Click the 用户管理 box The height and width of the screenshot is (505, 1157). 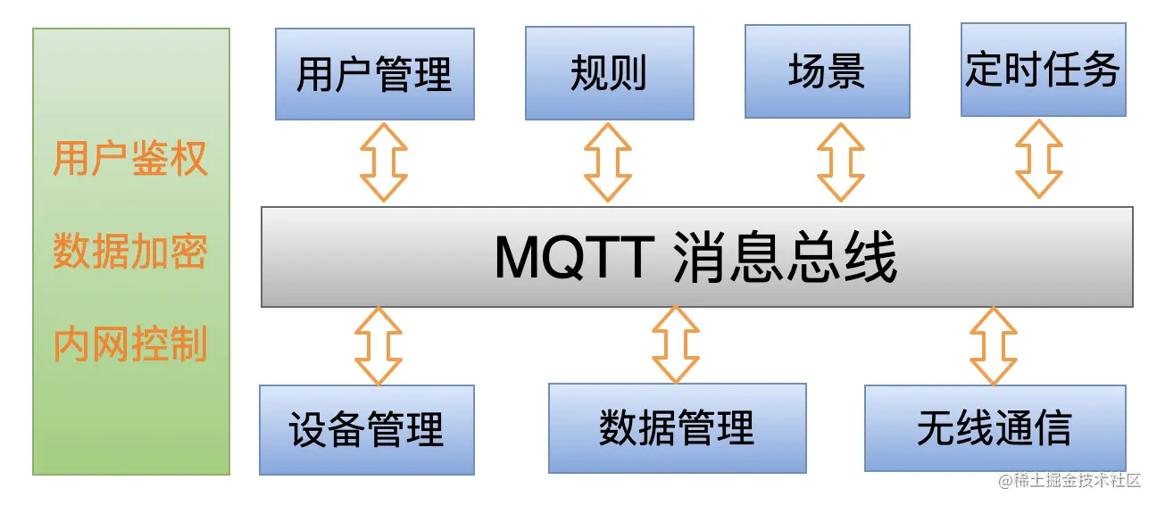pyautogui.click(x=374, y=74)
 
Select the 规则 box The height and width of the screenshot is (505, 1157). pyautogui.click(x=609, y=73)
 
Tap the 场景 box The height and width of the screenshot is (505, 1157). pyautogui.click(x=827, y=71)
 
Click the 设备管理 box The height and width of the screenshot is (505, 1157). pyautogui.click(x=366, y=430)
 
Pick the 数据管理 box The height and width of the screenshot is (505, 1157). pyautogui.click(x=677, y=428)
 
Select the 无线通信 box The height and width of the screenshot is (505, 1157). pyautogui.click(x=994, y=428)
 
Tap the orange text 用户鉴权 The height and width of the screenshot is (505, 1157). pyautogui.click(x=130, y=159)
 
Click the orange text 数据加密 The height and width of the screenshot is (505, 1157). pyautogui.click(x=130, y=252)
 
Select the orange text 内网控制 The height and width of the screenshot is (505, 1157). pyautogui.click(x=130, y=344)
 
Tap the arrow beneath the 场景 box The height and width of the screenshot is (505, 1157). pyautogui.click(x=841, y=162)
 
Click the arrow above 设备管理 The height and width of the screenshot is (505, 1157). pyautogui.click(x=379, y=346)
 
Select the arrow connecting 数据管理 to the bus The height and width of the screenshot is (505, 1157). pyautogui.click(x=676, y=345)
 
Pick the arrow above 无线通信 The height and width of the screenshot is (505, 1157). pyautogui.click(x=993, y=346)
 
